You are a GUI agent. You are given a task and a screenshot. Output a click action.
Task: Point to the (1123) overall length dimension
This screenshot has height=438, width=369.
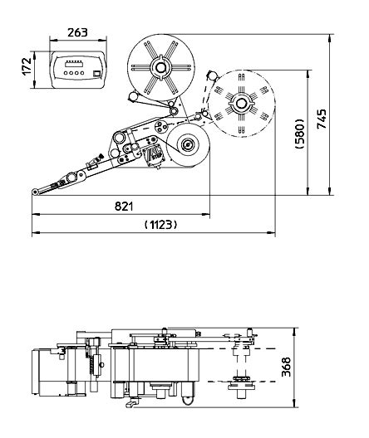[x=160, y=224]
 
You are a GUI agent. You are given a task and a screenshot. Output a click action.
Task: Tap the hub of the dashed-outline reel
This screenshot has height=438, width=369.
[x=240, y=104]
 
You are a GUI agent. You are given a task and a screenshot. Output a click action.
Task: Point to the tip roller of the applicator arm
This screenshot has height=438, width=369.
[x=37, y=192]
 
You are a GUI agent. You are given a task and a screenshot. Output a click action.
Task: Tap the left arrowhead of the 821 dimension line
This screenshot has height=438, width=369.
[x=35, y=213]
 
